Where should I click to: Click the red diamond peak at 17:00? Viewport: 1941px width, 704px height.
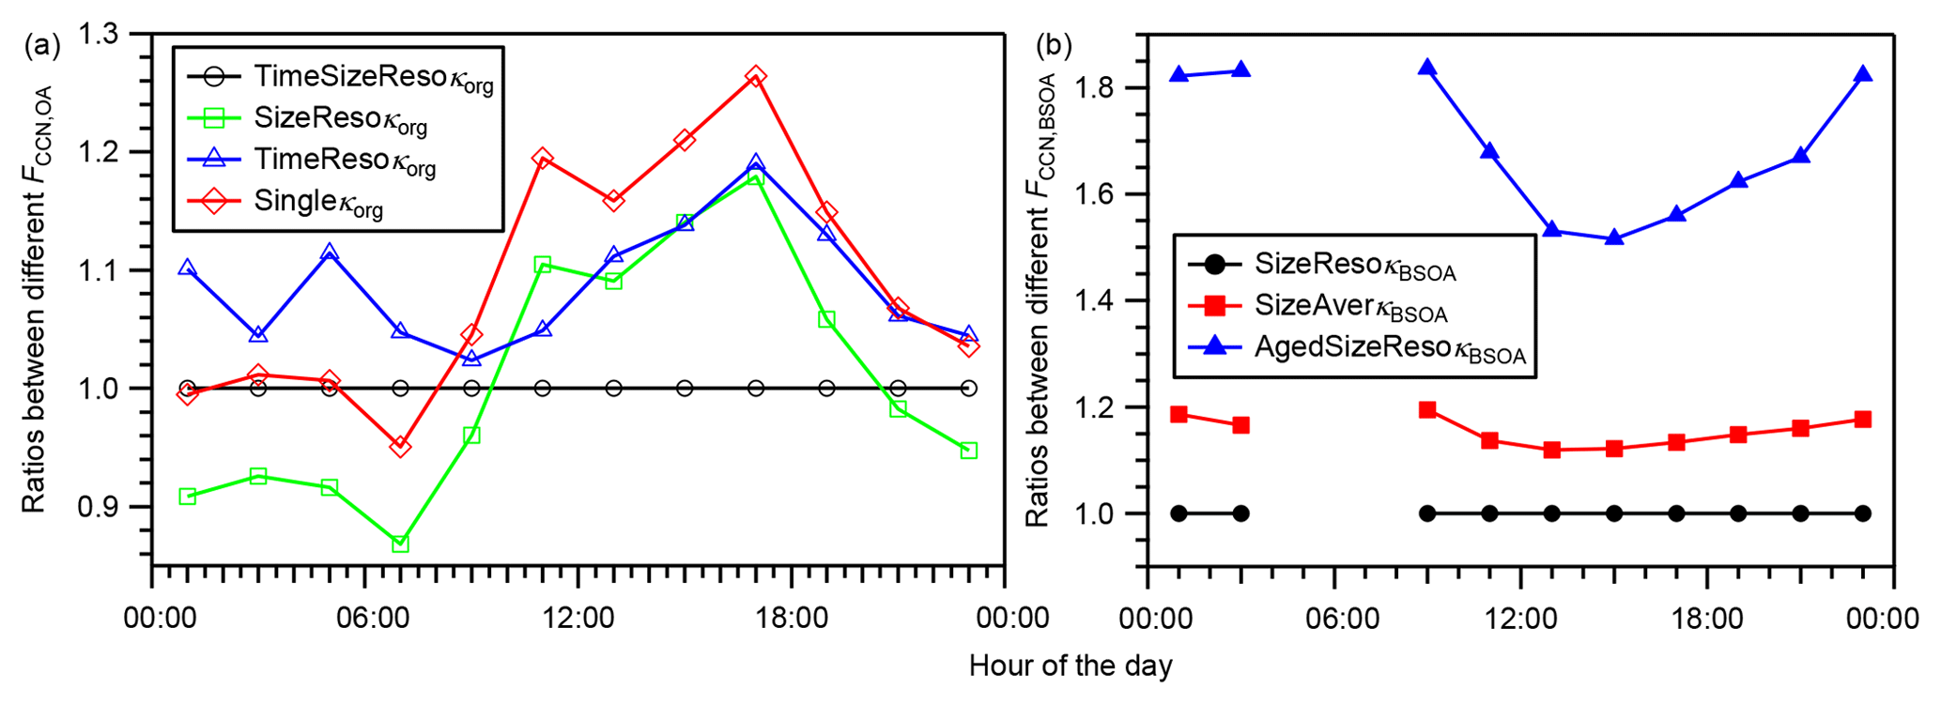point(755,76)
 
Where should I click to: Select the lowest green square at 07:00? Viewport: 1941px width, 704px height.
point(400,543)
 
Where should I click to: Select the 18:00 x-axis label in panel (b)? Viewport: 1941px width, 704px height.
point(1708,619)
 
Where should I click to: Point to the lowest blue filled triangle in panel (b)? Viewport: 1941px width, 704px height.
point(1613,237)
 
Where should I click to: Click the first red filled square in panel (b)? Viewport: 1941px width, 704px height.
point(1179,414)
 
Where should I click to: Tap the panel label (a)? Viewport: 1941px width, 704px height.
point(41,45)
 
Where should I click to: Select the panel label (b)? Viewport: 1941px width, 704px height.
point(1054,45)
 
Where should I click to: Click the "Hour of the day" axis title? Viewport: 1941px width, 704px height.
point(1071,666)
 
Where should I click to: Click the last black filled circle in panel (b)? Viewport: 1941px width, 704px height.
point(1862,513)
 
